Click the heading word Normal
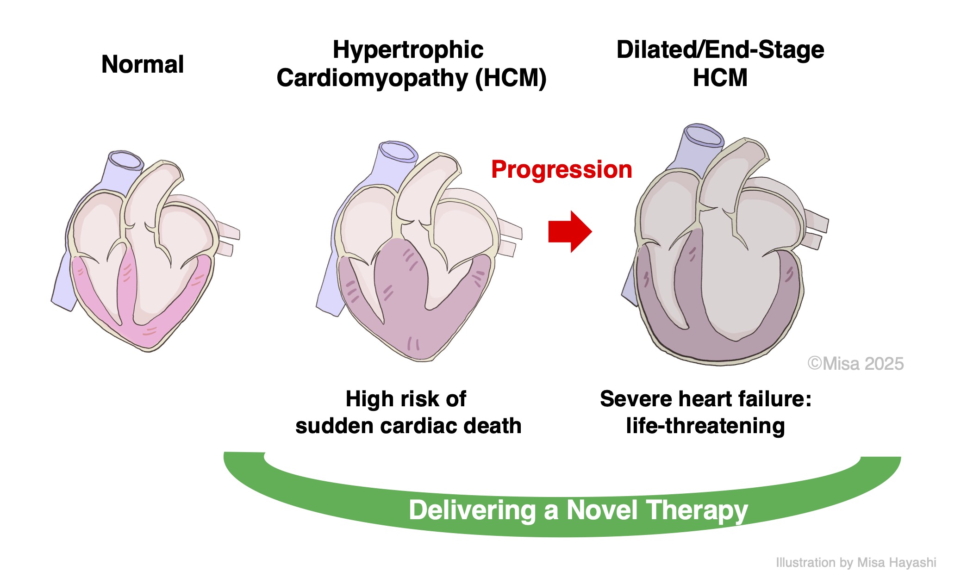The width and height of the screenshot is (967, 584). (142, 64)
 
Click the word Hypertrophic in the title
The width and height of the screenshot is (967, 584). (408, 50)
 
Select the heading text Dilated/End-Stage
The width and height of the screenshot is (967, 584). (720, 50)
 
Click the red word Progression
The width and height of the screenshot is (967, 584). (561, 169)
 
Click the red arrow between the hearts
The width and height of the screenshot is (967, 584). (569, 231)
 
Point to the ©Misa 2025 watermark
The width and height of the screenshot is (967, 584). (855, 364)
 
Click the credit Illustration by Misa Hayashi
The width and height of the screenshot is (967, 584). (855, 563)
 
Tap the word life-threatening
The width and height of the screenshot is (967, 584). (705, 426)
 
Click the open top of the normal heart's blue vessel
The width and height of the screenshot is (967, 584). (125, 160)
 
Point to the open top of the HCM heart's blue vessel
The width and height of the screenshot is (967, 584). (397, 151)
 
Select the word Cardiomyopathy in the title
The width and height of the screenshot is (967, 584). (372, 78)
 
